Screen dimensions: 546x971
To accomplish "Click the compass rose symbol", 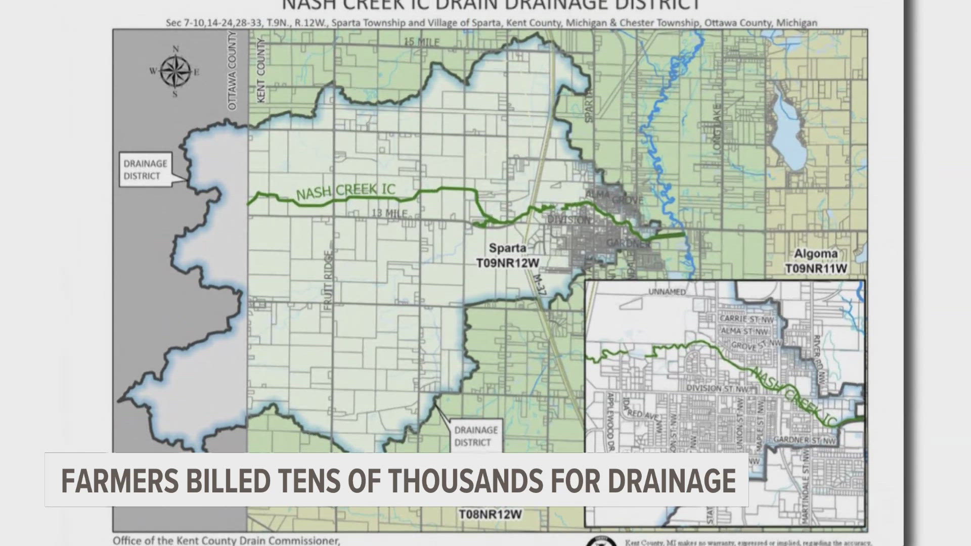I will [175, 71].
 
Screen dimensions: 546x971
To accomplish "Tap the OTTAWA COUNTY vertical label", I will [232, 71].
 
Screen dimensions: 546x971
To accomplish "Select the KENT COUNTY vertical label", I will [261, 71].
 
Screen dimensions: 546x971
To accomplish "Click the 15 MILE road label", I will [421, 42].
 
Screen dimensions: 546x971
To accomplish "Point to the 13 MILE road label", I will [389, 213].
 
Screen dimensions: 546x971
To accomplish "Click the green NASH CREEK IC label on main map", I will [345, 192].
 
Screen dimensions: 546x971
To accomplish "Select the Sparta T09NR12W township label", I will [507, 255].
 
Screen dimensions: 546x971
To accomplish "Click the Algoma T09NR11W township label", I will [816, 261].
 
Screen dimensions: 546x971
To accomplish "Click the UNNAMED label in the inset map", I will [667, 292].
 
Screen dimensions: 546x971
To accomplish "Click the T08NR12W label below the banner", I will [490, 514].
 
